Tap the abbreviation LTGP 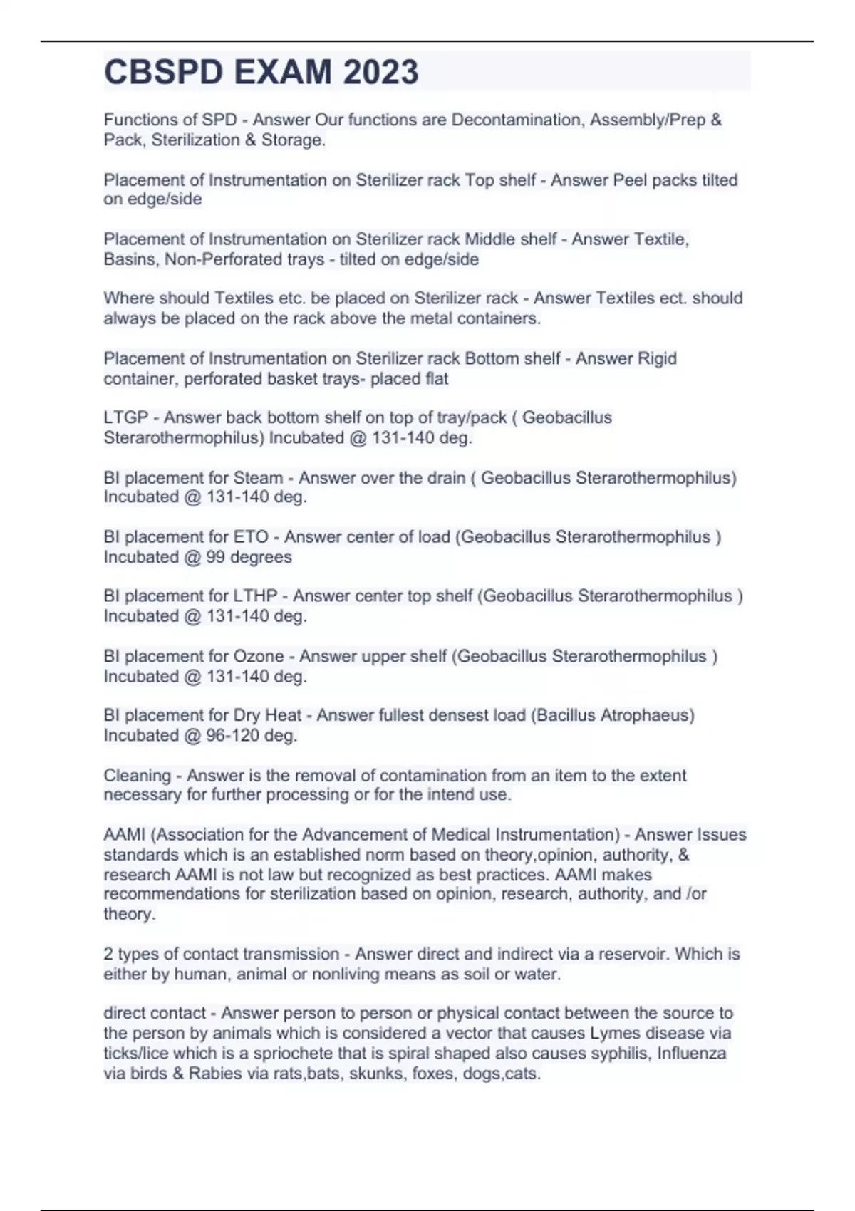pyautogui.click(x=126, y=417)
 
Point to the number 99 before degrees pyautogui.click(x=215, y=557)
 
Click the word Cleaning pyautogui.click(x=138, y=775)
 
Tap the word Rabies pyautogui.click(x=215, y=1074)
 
